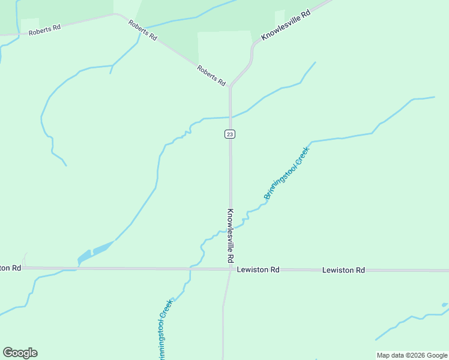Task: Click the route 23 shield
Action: pyautogui.click(x=230, y=134)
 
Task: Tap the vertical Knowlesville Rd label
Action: pyautogui.click(x=230, y=236)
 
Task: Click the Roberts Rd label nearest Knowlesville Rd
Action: pyautogui.click(x=211, y=75)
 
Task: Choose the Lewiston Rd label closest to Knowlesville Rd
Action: pyautogui.click(x=258, y=270)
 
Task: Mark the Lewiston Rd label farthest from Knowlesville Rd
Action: pyautogui.click(x=343, y=270)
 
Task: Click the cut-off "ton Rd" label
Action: pyautogui.click(x=11, y=268)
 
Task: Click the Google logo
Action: pyautogui.click(x=20, y=353)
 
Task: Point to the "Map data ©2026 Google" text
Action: pyautogui.click(x=411, y=355)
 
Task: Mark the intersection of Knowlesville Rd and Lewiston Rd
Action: pyautogui.click(x=231, y=269)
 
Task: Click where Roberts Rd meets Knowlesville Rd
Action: pyautogui.click(x=230, y=88)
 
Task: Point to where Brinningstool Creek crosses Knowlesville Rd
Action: pyautogui.click(x=231, y=228)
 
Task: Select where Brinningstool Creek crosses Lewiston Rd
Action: pyautogui.click(x=190, y=268)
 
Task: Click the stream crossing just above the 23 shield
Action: pyautogui.click(x=230, y=117)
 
